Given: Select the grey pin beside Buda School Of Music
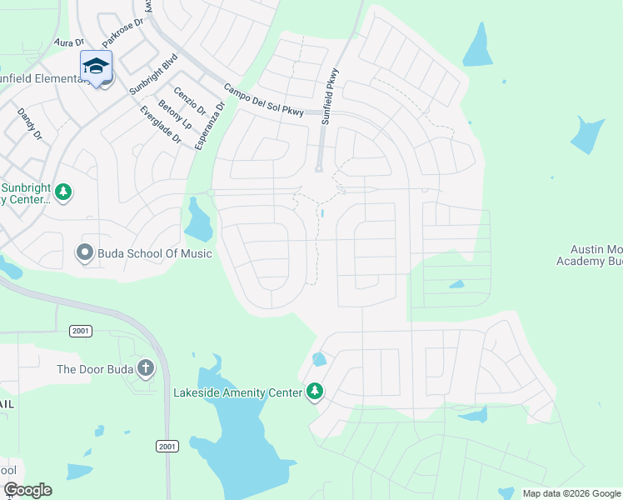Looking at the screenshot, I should (84, 252).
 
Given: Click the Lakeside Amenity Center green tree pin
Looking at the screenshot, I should (314, 391).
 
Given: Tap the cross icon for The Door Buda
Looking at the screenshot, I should (146, 368).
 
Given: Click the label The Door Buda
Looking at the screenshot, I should (96, 369).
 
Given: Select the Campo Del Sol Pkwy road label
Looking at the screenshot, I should (265, 100).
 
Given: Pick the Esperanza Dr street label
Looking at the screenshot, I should (209, 126).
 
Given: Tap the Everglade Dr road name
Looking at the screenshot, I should (160, 124).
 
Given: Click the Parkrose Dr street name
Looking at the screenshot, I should (122, 33).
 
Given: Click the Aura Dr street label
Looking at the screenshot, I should (69, 41).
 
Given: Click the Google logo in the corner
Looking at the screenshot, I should (27, 490).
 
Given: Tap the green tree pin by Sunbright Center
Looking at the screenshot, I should (63, 193).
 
